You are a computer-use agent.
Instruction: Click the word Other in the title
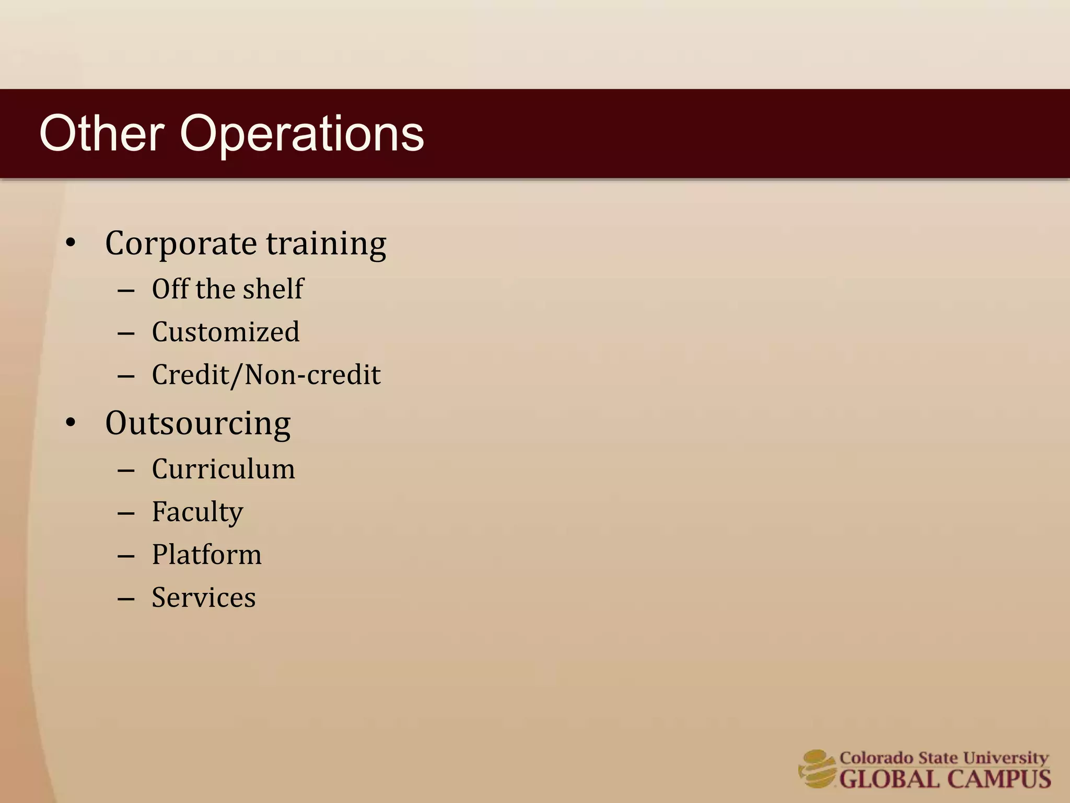102,134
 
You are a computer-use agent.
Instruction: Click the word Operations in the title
301,135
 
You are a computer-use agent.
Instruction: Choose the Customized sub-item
226,332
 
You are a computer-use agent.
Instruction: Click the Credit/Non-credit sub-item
266,375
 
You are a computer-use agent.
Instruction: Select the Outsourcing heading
197,423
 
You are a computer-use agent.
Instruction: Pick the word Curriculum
223,469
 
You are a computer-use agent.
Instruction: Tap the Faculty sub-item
197,512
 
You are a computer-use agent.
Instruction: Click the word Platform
206,555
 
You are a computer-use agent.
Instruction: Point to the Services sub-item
204,598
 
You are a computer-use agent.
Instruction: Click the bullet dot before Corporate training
71,243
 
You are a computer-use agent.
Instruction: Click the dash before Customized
126,332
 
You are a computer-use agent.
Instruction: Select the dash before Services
126,598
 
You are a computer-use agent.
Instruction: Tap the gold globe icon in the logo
817,768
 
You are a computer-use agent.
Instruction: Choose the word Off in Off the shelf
170,289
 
